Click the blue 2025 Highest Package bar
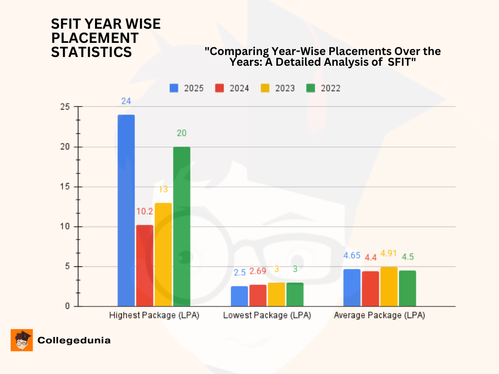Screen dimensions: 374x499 click(126, 210)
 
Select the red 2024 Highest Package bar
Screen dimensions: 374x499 click(144, 265)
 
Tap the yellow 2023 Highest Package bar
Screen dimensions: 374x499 click(163, 254)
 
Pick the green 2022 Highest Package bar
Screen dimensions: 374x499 click(181, 226)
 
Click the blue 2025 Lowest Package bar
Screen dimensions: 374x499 click(239, 296)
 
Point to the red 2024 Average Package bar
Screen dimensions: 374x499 click(370, 289)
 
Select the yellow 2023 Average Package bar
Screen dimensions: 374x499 click(388, 286)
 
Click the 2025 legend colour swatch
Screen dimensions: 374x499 click(174, 88)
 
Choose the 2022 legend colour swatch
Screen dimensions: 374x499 click(310, 88)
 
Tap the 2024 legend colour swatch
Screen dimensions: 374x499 click(219, 88)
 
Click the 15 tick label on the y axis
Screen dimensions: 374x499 click(64, 187)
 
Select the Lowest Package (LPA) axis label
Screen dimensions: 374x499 click(267, 316)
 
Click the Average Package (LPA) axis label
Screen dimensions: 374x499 click(379, 316)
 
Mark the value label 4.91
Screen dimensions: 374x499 click(389, 253)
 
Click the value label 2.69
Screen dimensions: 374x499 click(258, 271)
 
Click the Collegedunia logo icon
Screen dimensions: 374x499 click(21, 340)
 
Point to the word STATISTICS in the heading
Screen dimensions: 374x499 click(92, 52)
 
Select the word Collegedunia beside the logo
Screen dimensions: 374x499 click(74, 340)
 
